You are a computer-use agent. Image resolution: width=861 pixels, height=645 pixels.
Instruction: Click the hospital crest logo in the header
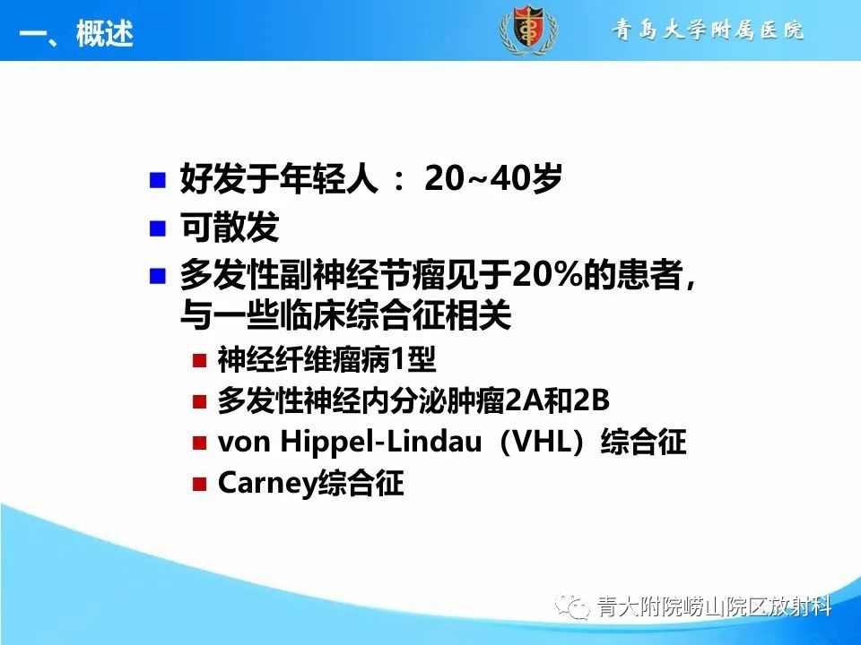[526, 31]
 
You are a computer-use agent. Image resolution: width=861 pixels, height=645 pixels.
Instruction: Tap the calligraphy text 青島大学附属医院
[709, 31]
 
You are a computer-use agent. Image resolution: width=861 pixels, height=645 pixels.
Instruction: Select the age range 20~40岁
[493, 179]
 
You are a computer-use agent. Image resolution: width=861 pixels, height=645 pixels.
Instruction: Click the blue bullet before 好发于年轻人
[159, 179]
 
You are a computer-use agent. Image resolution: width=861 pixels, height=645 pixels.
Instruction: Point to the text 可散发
[230, 228]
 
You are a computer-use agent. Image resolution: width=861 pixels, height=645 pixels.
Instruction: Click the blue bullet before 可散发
[159, 228]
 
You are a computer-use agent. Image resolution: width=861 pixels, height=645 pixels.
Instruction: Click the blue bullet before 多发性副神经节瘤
[159, 275]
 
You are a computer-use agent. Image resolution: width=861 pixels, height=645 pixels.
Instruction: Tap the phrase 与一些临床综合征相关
[345, 315]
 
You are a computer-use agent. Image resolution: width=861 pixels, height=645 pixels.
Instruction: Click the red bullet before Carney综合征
[200, 485]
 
